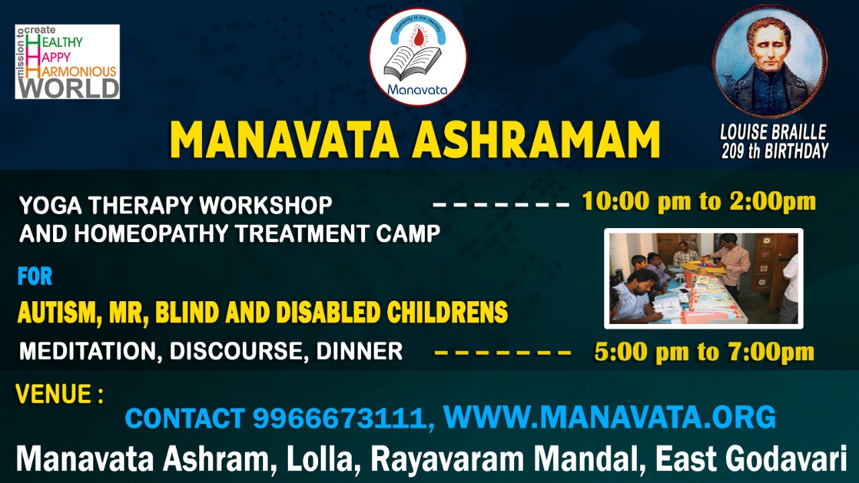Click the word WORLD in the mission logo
69,88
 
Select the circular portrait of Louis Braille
769,61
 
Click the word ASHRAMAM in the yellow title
536,140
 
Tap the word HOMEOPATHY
152,233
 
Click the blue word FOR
35,276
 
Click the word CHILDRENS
447,312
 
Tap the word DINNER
359,351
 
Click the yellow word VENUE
53,394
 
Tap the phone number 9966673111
340,418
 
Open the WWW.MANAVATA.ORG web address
610,417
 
